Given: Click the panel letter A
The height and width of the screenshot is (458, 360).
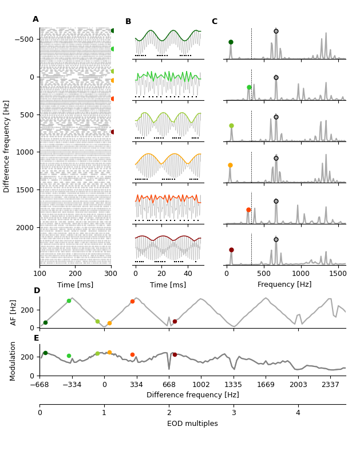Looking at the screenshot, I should [35, 19].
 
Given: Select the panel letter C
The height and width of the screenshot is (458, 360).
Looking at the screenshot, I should [215, 22].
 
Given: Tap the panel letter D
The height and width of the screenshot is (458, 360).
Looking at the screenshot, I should [37, 291].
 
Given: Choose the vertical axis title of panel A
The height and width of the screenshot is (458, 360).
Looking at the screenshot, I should [7, 146].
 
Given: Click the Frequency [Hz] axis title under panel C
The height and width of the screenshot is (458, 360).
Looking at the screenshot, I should [284, 285].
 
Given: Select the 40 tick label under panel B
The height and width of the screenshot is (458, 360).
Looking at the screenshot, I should [188, 274].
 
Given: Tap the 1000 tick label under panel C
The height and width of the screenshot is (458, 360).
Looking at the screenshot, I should [301, 274].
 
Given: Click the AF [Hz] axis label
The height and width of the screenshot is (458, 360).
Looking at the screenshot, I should [14, 313].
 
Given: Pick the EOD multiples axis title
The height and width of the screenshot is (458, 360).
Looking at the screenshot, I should [192, 424].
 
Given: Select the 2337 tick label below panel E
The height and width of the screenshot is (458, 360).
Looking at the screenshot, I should [330, 385].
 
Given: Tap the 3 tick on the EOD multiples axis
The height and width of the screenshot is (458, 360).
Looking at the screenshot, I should [234, 413].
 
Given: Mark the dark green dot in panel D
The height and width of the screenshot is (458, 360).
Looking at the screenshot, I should [45, 322].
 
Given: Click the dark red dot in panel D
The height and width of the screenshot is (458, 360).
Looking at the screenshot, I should [175, 321].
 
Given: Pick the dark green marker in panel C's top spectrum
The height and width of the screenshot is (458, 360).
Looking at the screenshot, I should [231, 42].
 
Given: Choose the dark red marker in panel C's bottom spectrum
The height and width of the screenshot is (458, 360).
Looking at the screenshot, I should [231, 250].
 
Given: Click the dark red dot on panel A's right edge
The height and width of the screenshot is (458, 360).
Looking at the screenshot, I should [113, 132].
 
